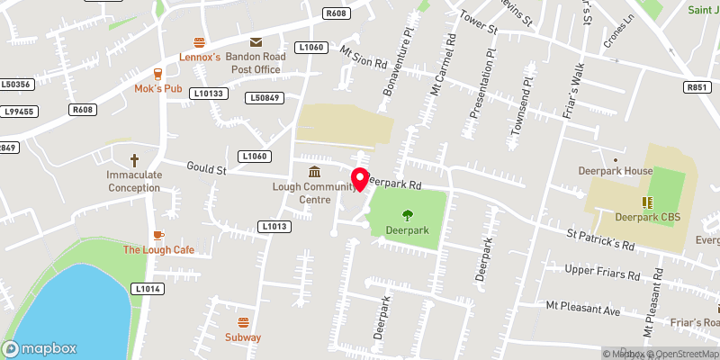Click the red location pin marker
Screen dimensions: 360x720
(x=360, y=178)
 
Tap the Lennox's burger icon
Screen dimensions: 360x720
(x=200, y=41)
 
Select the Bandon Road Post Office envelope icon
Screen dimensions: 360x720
(x=256, y=41)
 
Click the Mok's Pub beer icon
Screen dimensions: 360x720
(x=157, y=73)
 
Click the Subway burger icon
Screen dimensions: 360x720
(x=242, y=322)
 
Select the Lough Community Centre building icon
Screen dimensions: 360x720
(x=314, y=172)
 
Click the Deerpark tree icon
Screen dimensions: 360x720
(x=407, y=214)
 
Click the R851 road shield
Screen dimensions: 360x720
(x=697, y=87)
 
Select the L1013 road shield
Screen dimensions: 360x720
(x=274, y=226)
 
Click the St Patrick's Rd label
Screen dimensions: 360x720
(x=600, y=240)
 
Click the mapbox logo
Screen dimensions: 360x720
(x=40, y=348)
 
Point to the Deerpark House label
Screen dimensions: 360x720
(x=627, y=171)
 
